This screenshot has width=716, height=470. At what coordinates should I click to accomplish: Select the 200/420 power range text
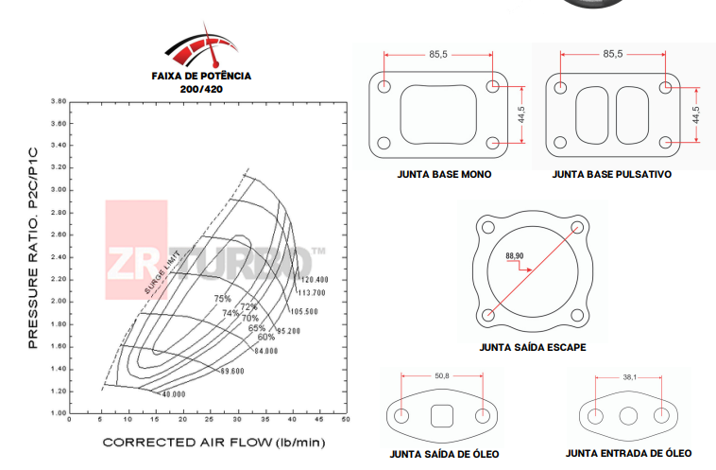click(201, 88)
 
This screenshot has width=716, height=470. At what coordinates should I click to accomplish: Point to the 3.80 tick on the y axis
click(60, 100)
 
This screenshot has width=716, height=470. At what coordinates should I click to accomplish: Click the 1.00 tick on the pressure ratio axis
click(60, 412)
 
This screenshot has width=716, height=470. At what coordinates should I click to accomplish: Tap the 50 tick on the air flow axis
click(346, 419)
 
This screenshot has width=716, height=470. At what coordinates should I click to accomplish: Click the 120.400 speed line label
click(314, 280)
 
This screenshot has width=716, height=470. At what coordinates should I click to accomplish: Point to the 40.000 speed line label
click(173, 393)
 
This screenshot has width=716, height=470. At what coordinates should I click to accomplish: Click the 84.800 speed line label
click(266, 352)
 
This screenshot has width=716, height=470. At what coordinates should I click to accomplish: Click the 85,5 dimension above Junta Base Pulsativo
click(612, 54)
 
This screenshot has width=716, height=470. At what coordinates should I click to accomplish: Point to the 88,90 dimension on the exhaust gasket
click(515, 256)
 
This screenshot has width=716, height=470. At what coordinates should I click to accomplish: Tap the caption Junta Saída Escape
click(533, 347)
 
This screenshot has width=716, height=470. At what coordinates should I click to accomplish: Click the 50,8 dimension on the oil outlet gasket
click(442, 376)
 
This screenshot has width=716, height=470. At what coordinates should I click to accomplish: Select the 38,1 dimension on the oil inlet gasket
click(629, 376)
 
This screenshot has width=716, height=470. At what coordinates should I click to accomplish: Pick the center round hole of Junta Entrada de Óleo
click(629, 416)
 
